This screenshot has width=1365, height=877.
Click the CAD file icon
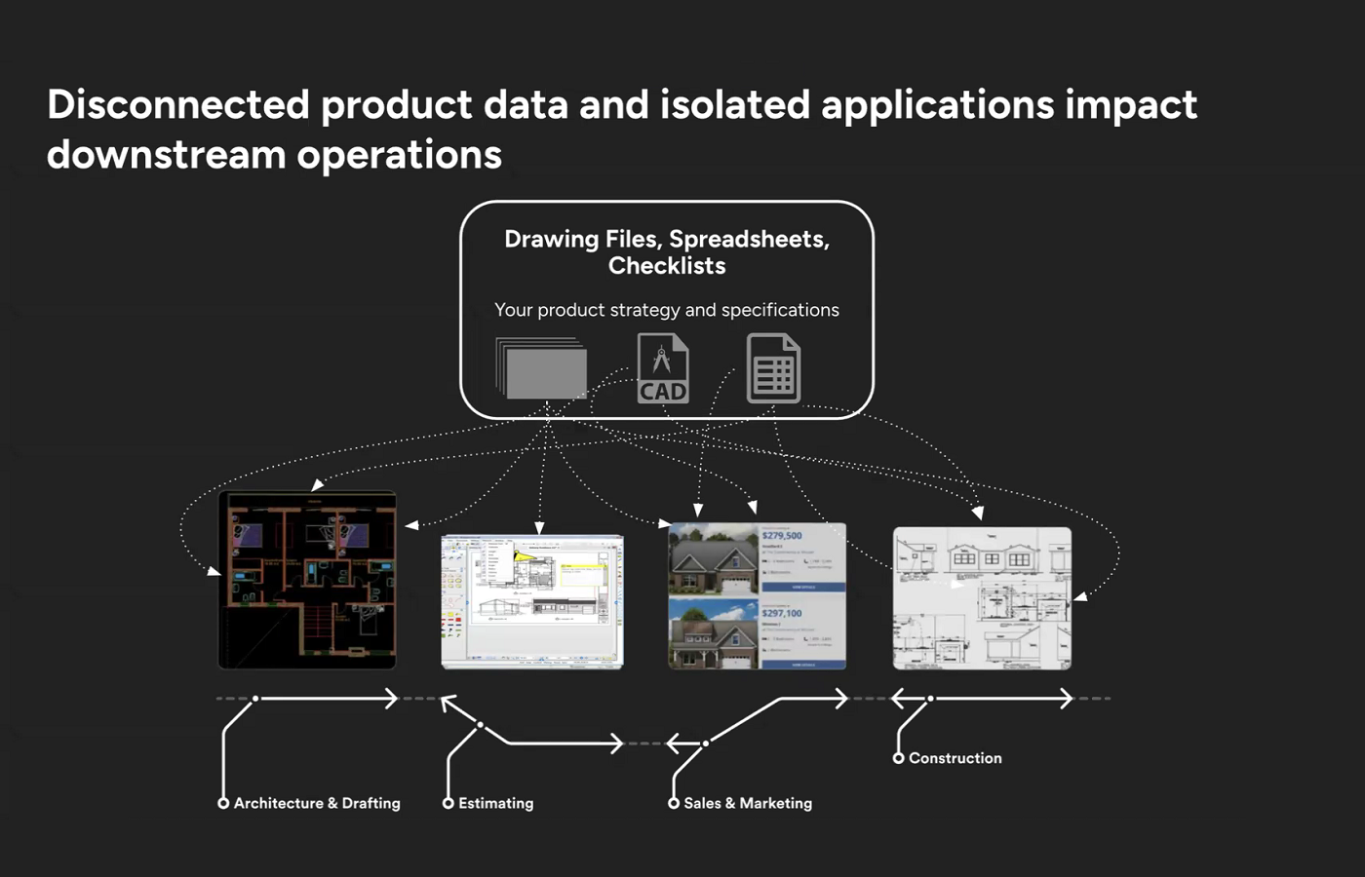click(x=663, y=368)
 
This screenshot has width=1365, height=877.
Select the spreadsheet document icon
click(x=773, y=368)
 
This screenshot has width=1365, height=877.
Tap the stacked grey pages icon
click(x=542, y=368)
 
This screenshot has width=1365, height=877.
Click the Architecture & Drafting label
click(x=317, y=803)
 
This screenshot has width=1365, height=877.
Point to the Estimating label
click(x=495, y=803)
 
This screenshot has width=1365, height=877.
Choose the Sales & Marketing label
click(x=748, y=803)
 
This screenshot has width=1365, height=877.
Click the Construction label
click(x=955, y=758)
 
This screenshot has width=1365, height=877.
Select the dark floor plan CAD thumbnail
click(x=307, y=580)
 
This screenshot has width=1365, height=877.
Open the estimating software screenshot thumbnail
click(x=532, y=601)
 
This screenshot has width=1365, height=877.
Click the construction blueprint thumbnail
click(x=982, y=598)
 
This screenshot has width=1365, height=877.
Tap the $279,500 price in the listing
click(x=782, y=536)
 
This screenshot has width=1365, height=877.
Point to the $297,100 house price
click(x=782, y=613)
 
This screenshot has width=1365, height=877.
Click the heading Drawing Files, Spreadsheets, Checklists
click(x=667, y=251)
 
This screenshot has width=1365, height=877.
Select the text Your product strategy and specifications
click(x=667, y=310)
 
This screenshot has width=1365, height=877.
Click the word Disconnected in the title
click(x=178, y=104)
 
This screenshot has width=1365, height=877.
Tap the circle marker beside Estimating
click(x=448, y=803)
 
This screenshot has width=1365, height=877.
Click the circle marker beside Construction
click(x=898, y=758)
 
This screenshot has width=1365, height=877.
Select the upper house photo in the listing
click(x=713, y=559)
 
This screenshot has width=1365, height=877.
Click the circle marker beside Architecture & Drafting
click(x=223, y=803)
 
